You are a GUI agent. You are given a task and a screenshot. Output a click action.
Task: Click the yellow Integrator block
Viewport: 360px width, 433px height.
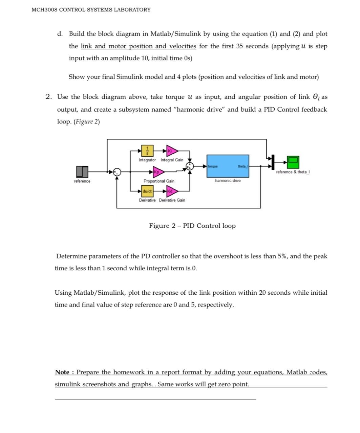[147, 150]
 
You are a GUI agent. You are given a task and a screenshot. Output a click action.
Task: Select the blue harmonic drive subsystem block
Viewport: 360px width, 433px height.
[228, 166]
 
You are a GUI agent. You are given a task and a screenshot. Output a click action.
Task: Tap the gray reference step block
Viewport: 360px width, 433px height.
[82, 172]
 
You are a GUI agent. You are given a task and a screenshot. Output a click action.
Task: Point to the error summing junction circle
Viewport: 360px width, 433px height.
[117, 172]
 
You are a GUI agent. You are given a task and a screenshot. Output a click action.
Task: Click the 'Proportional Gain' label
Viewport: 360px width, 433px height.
[159, 181]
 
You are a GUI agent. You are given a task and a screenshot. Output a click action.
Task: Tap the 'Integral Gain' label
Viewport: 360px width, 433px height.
[172, 160]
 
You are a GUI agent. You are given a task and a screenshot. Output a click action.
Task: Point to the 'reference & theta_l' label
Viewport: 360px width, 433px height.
[293, 172]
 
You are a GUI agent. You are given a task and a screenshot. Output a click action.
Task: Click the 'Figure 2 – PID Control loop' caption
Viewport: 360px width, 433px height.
[192, 226]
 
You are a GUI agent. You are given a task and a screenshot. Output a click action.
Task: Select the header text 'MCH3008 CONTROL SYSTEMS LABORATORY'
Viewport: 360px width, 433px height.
[91, 10]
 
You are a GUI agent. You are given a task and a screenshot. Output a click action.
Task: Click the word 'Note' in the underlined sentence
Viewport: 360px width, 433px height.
[62, 372]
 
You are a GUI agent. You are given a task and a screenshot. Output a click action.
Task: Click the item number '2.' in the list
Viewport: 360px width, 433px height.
[49, 97]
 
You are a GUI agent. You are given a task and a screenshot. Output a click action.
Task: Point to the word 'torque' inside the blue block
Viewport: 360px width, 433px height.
[213, 166]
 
